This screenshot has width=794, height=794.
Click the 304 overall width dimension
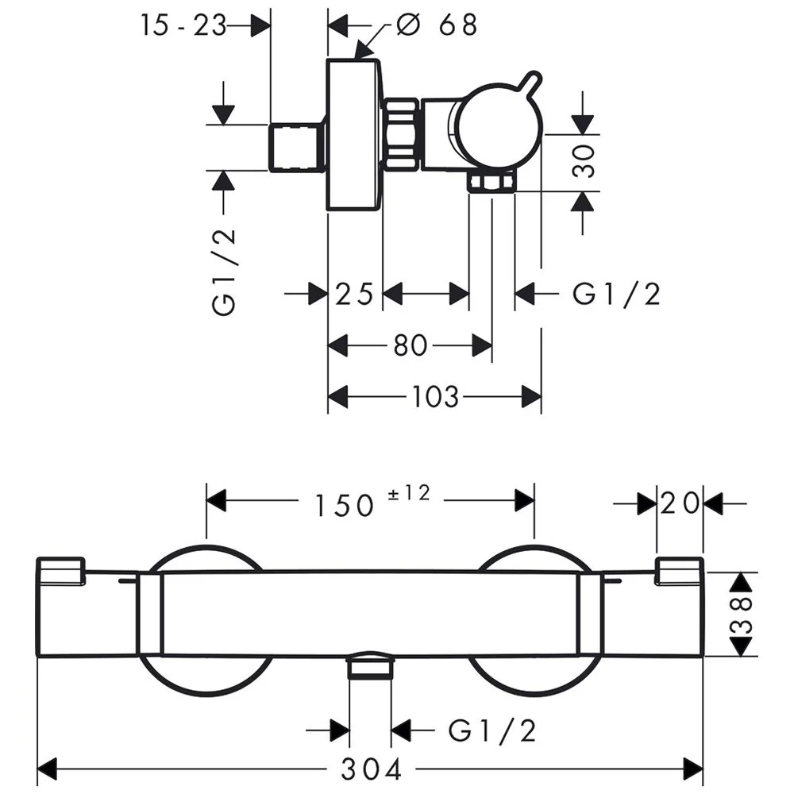pyautogui.click(x=372, y=769)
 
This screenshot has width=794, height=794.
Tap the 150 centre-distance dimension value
pyautogui.click(x=344, y=504)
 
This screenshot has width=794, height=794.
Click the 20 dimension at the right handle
pyautogui.click(x=680, y=503)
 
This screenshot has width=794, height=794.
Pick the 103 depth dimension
pyautogui.click(x=435, y=395)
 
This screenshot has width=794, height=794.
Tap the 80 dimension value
pyautogui.click(x=410, y=345)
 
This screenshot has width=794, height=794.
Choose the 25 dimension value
pyautogui.click(x=354, y=295)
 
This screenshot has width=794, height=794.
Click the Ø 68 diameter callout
pyautogui.click(x=437, y=25)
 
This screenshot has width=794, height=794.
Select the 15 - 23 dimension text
pyautogui.click(x=183, y=25)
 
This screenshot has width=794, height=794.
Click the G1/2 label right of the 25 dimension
pyautogui.click(x=616, y=295)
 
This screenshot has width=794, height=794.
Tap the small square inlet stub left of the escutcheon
pyautogui.click(x=297, y=147)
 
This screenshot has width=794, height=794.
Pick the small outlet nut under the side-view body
pyautogui.click(x=491, y=184)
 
